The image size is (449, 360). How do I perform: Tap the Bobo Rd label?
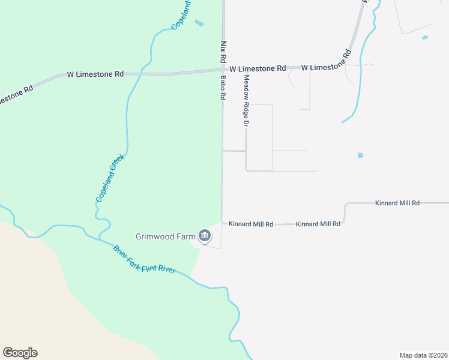[223, 87]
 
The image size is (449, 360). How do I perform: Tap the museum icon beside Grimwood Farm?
[205, 237]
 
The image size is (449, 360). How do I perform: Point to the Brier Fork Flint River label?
[144, 259]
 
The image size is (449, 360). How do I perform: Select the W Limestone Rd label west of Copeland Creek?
[95, 74]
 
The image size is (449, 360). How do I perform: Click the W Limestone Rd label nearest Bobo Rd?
[258, 69]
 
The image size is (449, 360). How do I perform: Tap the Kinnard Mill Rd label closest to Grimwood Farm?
[251, 224]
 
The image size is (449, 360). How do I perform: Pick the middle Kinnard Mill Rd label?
[318, 224]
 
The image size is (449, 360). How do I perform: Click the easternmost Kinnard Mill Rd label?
[397, 203]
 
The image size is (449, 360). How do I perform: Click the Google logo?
[20, 353]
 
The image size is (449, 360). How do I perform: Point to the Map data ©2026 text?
[423, 355]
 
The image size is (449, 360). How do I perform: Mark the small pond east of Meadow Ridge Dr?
[361, 155]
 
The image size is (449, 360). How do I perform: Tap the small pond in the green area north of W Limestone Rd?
[199, 23]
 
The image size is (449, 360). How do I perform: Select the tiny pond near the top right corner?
[425, 38]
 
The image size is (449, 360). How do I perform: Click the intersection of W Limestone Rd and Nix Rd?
[223, 70]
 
